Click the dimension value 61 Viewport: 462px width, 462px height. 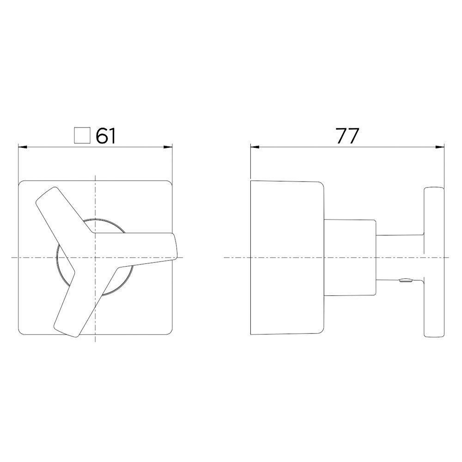(x=105, y=136)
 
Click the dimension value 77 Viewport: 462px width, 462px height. (x=347, y=136)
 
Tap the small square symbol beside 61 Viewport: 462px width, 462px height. (x=82, y=136)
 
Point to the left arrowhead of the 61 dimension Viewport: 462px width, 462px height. (x=20, y=147)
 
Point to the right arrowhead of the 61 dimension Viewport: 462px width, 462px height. (x=170, y=147)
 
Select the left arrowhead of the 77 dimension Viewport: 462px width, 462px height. (x=253, y=147)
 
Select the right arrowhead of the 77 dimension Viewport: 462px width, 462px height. (x=442, y=147)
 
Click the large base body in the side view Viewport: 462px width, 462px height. (x=286, y=257)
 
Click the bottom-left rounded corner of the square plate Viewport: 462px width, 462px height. (x=21, y=332)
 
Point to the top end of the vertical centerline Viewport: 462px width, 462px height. (x=95, y=176)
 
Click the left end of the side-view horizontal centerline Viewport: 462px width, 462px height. (x=225, y=257)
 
